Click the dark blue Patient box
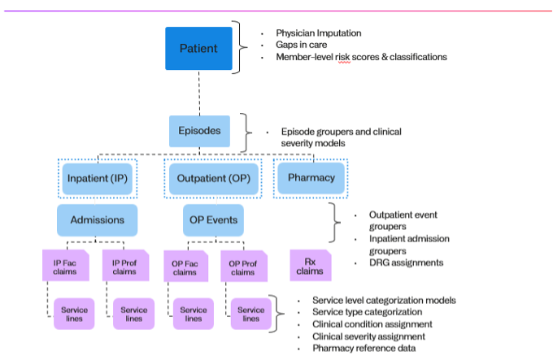click(198, 48)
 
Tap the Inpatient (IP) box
click(97, 178)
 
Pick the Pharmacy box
click(306, 177)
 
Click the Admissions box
click(97, 219)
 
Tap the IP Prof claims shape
click(124, 267)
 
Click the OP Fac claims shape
click(186, 267)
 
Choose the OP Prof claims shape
click(242, 267)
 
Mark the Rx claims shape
click(311, 266)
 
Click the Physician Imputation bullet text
click(319, 33)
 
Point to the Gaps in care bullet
click(303, 45)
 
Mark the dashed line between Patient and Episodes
click(198, 93)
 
